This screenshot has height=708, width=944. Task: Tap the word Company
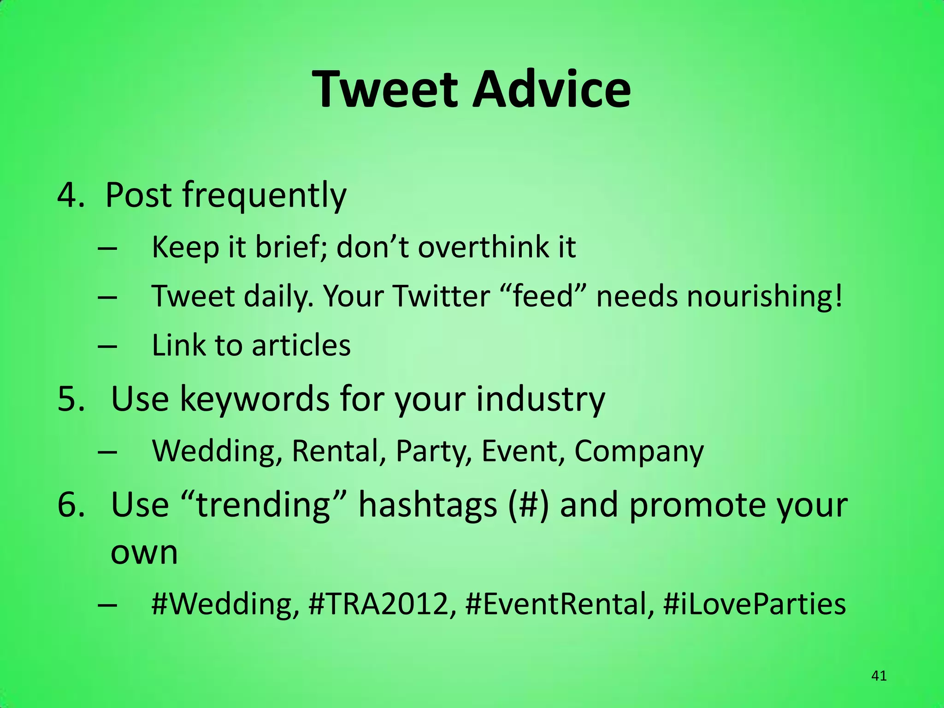(639, 452)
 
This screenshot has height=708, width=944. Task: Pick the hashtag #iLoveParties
(754, 604)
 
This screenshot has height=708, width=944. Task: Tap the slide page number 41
(879, 676)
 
